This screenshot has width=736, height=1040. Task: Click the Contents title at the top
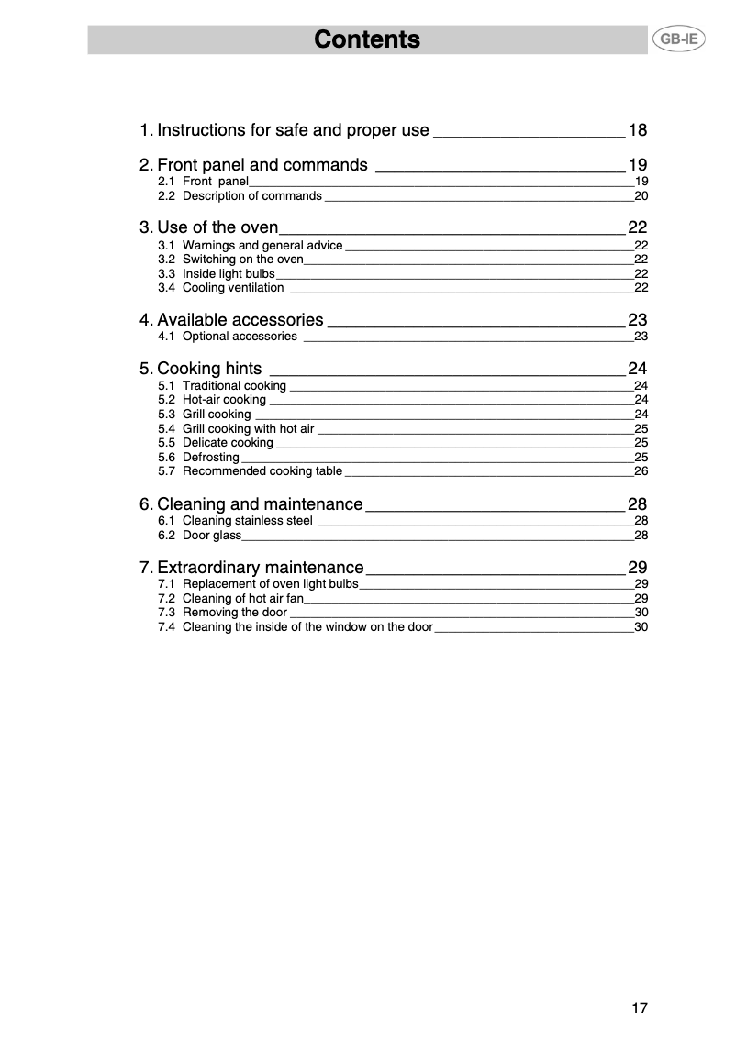367,39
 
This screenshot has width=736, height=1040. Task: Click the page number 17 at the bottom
639,1009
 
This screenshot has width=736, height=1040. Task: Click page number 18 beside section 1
638,130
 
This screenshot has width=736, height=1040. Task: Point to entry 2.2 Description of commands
251,196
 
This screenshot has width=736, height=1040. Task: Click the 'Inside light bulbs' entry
229,274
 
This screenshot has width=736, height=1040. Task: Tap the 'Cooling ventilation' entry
233,288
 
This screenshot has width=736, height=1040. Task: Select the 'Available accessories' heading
240,320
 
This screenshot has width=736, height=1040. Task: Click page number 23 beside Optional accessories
641,337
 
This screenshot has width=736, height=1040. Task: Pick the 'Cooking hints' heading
209,369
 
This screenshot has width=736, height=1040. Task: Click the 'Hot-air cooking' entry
224,400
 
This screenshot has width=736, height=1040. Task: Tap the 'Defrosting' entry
210,457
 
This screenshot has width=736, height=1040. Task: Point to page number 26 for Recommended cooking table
641,471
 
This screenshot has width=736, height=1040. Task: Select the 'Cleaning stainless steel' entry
247,521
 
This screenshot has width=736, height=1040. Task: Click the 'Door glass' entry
211,536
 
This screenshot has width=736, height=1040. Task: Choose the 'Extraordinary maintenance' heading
260,567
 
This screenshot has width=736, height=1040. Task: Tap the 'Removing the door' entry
235,613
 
